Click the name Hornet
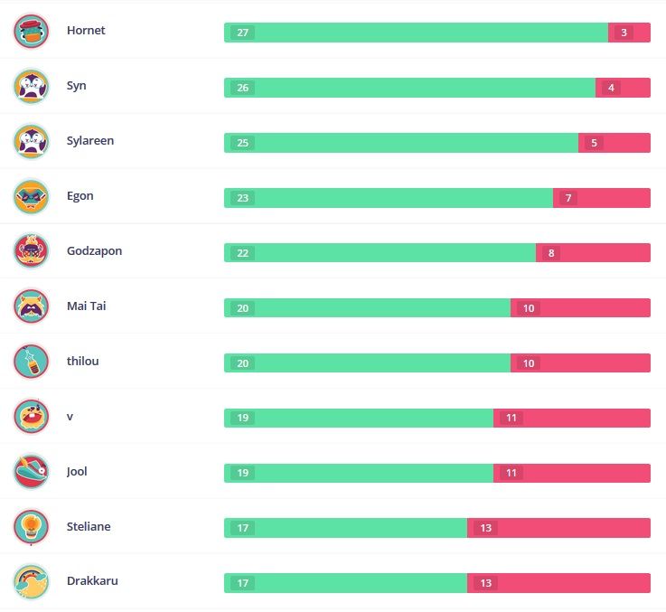86,31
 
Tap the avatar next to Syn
32,87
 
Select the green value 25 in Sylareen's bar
242,143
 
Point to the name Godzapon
94,251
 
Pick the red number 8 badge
550,253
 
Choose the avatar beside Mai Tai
32,306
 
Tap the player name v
70,417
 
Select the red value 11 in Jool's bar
511,474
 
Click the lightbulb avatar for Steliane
32,527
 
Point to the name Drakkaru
92,581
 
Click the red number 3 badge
624,33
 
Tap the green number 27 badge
242,33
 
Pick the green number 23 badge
242,198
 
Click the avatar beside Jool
32,472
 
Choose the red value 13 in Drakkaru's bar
485,584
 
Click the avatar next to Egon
32,197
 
